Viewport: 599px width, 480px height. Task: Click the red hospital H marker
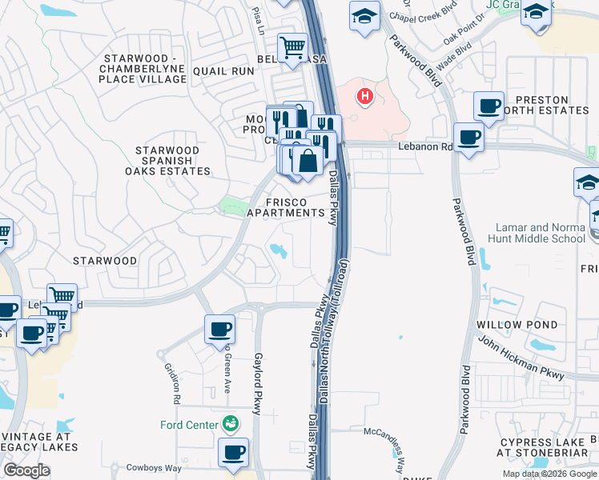click(x=365, y=98)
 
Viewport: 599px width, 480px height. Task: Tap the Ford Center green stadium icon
click(x=231, y=422)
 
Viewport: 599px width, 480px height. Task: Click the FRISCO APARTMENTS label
click(x=285, y=206)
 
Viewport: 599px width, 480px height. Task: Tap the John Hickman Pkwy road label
click(x=520, y=355)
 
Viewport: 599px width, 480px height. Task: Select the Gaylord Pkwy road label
click(x=258, y=384)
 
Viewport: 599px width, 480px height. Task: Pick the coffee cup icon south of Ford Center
click(x=234, y=452)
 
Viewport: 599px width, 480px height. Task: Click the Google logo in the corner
click(x=26, y=470)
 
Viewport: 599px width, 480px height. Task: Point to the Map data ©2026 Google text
click(x=549, y=474)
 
